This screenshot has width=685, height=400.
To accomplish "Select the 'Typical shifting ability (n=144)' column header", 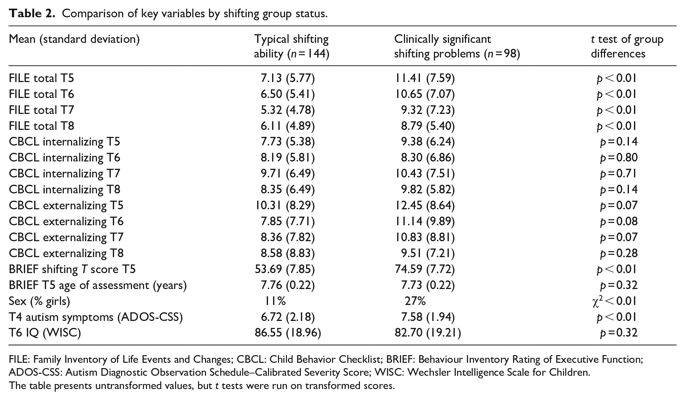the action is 292,47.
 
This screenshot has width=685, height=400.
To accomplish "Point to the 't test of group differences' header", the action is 627,47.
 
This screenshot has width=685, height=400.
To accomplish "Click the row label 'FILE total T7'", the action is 41,110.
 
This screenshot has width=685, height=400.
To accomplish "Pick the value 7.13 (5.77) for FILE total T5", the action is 288,78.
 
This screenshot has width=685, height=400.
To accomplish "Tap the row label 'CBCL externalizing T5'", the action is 66,205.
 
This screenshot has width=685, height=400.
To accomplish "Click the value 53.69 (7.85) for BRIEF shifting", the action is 285,269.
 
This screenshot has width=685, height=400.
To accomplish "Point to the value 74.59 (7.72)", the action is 425,269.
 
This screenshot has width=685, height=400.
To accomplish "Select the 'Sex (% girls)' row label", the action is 39,301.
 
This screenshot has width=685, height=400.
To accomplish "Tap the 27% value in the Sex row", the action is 415,301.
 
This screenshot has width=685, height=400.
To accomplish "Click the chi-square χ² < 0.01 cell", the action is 614,301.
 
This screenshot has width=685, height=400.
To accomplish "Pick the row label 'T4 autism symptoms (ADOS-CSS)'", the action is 96,317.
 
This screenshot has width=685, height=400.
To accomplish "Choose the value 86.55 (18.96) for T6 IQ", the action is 288,333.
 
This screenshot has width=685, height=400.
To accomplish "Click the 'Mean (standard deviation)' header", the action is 74,40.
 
